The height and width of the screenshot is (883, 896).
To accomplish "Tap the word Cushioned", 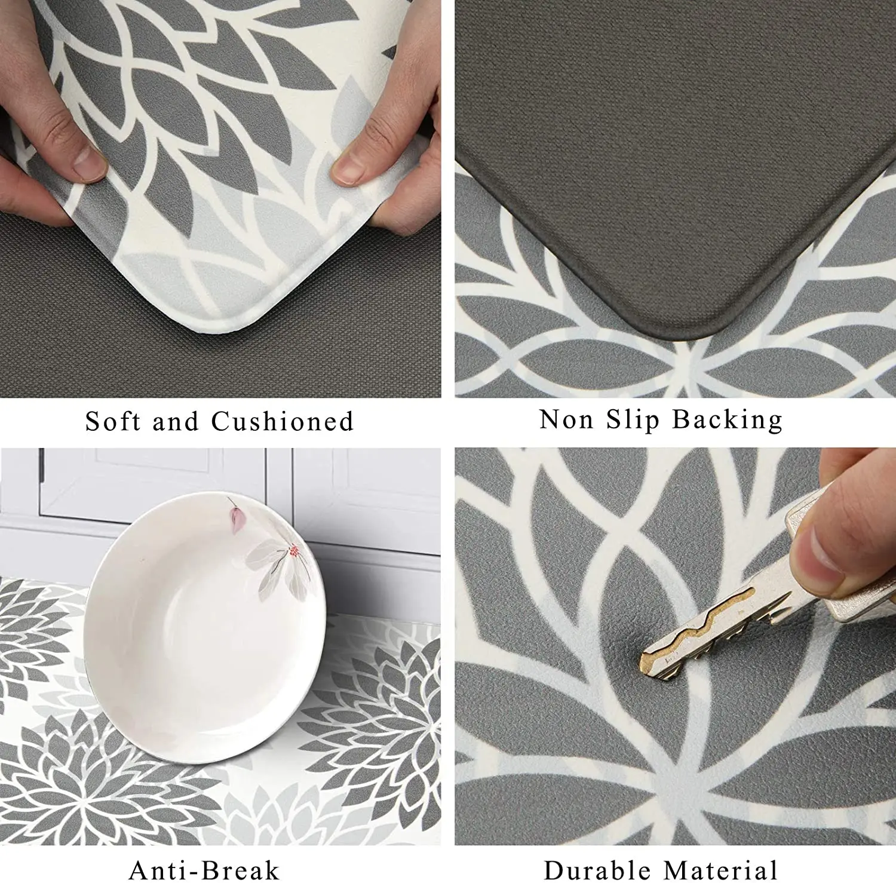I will (283, 422).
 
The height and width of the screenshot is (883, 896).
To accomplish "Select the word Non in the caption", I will (566, 419).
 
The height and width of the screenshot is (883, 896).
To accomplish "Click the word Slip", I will (633, 421).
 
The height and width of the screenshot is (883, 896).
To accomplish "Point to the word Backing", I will (727, 421).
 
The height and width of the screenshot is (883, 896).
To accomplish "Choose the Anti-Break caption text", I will (204, 870).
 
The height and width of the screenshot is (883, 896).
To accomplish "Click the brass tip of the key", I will (649, 661).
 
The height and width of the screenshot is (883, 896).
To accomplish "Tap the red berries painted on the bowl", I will (294, 551).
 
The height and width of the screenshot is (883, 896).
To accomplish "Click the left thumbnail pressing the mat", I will (90, 163).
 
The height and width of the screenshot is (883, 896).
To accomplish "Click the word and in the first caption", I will (175, 422).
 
